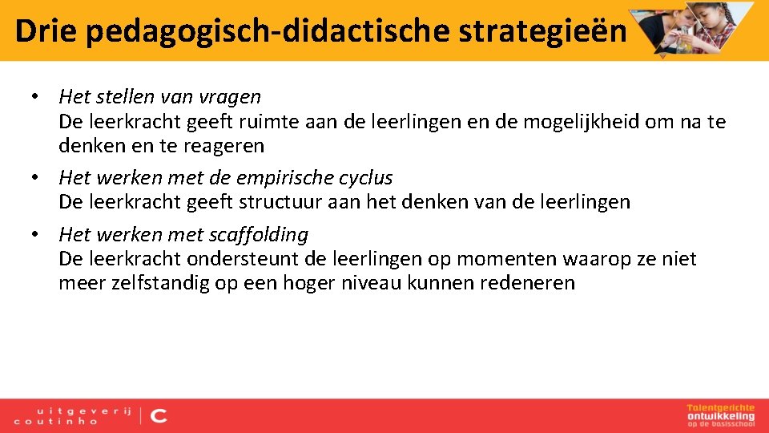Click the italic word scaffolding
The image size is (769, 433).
[x=258, y=235]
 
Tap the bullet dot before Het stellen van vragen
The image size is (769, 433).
[x=36, y=97]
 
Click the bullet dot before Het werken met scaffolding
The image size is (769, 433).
[x=36, y=235]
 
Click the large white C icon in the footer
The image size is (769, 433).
[x=159, y=415]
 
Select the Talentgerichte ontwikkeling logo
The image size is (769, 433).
[x=720, y=415]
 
